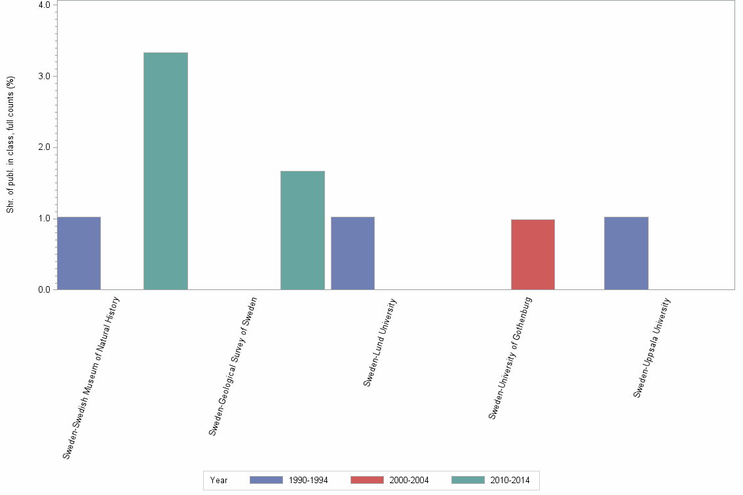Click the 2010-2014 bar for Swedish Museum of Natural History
pyautogui.click(x=166, y=171)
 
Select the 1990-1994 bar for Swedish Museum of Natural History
pyautogui.click(x=79, y=253)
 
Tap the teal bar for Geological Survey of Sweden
pyautogui.click(x=302, y=230)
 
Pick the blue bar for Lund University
pyautogui.click(x=352, y=253)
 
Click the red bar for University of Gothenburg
pyautogui.click(x=533, y=254)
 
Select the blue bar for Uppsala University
pyautogui.click(x=626, y=253)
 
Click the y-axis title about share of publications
pyautogui.click(x=10, y=145)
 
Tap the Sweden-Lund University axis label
pyautogui.click(x=380, y=342)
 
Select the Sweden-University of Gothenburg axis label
pyautogui.click(x=510, y=357)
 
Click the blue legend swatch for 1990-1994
pyautogui.click(x=266, y=480)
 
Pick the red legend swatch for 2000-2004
pyautogui.click(x=367, y=480)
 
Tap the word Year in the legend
pyautogui.click(x=219, y=481)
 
